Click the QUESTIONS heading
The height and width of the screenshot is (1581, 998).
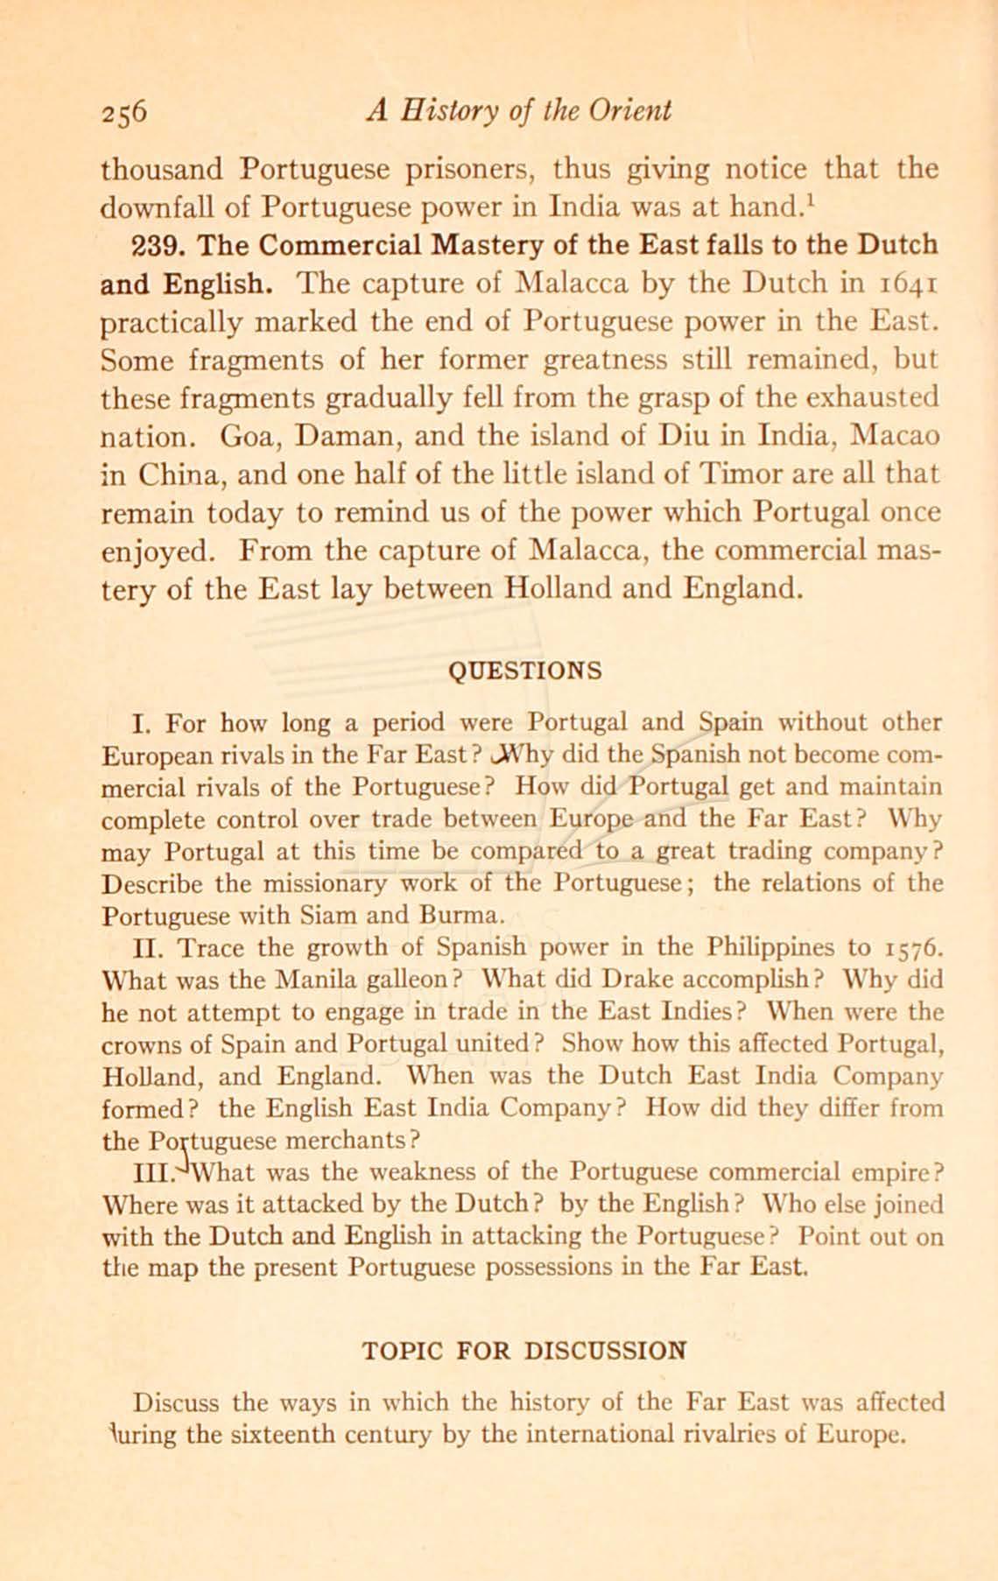[524, 671]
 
